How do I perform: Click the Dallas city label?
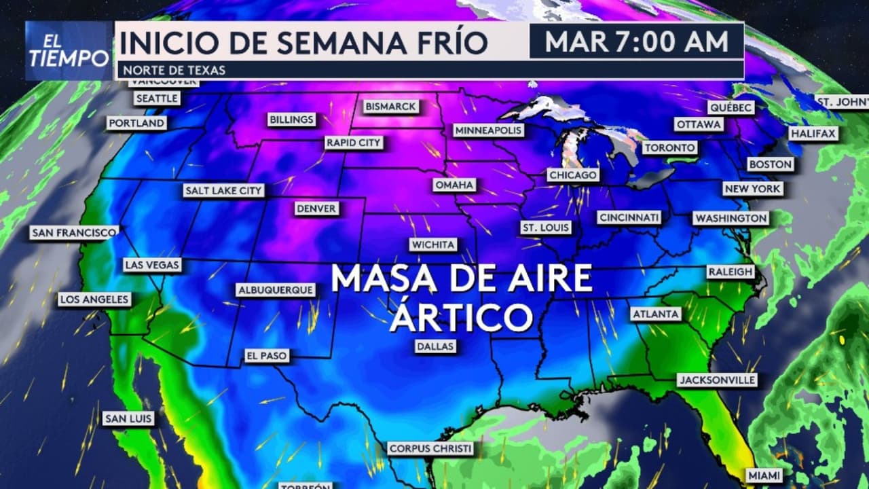coord(435,346)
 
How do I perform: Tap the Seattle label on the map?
coord(157,98)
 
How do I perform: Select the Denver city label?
coord(316,209)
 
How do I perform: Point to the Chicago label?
coord(573,175)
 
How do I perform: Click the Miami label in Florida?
coord(764,475)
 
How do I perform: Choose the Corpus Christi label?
coord(430,449)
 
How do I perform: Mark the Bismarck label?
coord(390,107)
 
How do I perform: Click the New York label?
coord(753,189)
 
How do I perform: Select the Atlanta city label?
coord(655,314)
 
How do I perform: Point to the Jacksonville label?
coord(717,380)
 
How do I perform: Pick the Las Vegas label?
coord(152,265)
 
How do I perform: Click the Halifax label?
coord(813,134)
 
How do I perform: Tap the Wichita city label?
coord(433,244)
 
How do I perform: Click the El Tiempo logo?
coord(69,51)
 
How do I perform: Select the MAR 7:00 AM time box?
coord(636,41)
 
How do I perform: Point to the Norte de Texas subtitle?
coord(172,70)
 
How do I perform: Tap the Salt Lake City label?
coord(223,191)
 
